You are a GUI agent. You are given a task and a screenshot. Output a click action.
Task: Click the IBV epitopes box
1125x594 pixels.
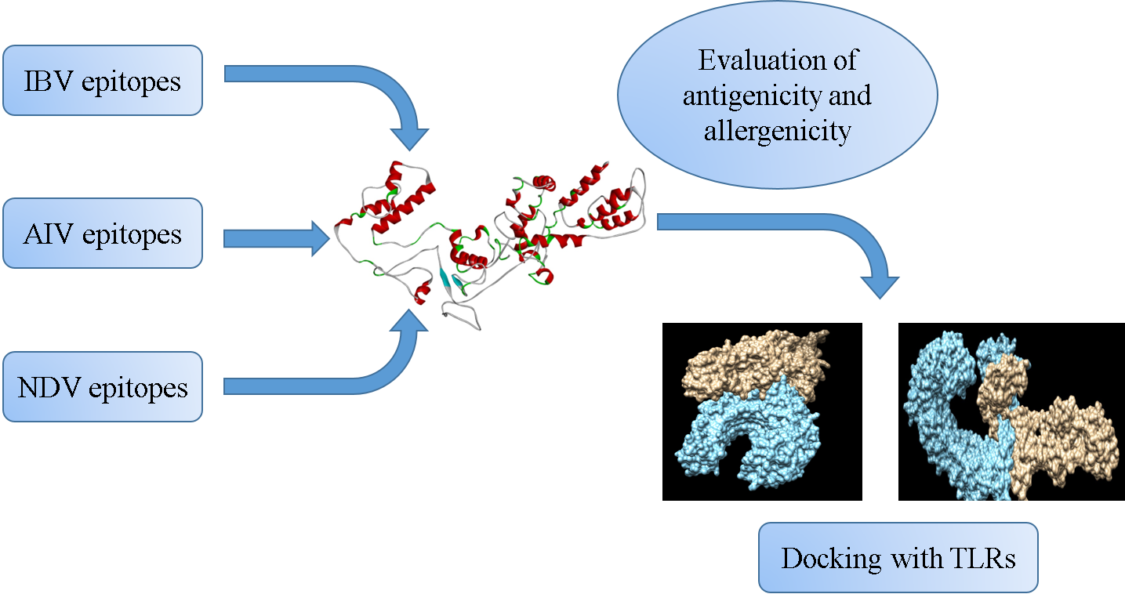(103, 81)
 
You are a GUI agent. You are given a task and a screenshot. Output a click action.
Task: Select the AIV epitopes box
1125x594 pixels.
(103, 234)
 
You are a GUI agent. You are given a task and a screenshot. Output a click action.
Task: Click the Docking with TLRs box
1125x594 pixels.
(898, 558)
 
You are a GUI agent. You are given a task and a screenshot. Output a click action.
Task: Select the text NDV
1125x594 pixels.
(45, 387)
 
